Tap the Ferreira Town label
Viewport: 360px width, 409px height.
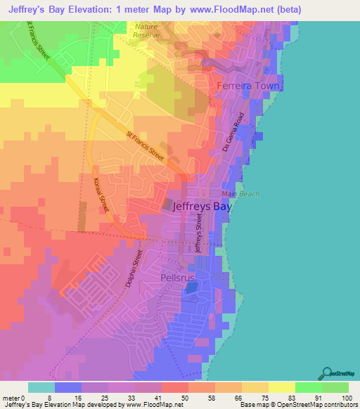[250, 86]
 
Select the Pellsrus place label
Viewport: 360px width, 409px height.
[177, 278]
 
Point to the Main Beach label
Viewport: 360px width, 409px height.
[240, 194]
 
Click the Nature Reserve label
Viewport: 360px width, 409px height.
[146, 30]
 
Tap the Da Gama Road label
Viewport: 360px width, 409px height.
[241, 131]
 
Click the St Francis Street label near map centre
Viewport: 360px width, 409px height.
[146, 147]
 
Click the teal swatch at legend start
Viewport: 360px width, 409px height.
[41, 387]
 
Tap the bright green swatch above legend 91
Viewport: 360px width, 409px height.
[308, 387]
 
